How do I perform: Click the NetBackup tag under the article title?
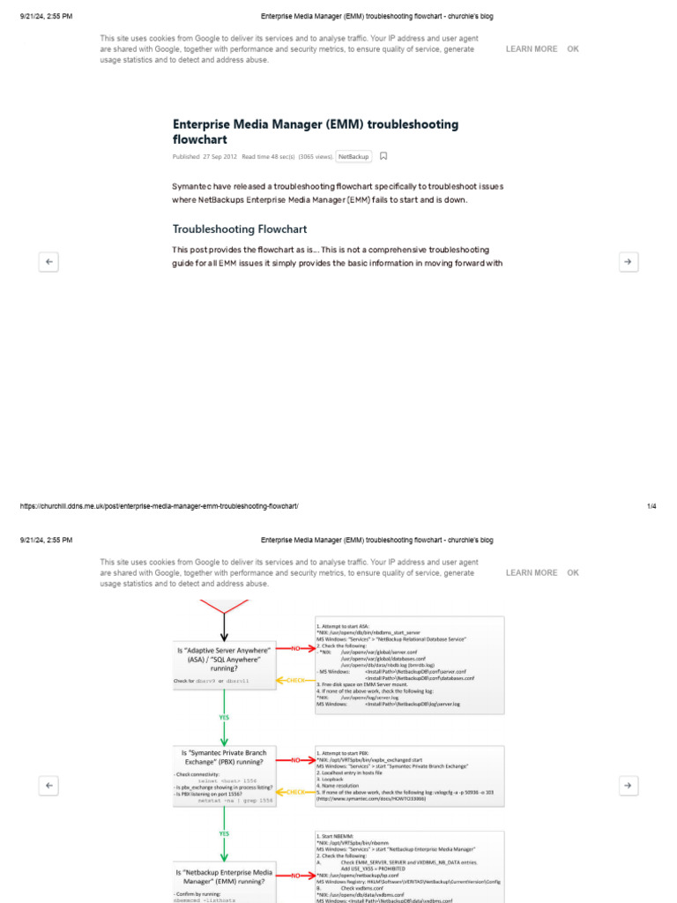pos(353,156)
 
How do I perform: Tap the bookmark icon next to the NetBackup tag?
pos(383,156)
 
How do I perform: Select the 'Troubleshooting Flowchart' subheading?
pos(240,229)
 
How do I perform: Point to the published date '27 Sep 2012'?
pos(219,156)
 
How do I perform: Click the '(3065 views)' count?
pos(315,156)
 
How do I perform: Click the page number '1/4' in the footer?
pos(651,506)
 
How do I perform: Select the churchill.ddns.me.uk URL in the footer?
pos(159,506)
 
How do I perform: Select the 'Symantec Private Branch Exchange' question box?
pos(224,764)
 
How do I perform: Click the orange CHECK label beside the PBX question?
pos(295,792)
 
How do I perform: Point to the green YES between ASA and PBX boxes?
pos(224,717)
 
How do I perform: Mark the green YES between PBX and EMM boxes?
pos(224,832)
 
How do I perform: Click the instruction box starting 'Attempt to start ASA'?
pos(410,664)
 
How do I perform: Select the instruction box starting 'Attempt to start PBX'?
pos(410,774)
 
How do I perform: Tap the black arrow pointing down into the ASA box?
pos(224,628)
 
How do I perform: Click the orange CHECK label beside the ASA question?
pos(295,680)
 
